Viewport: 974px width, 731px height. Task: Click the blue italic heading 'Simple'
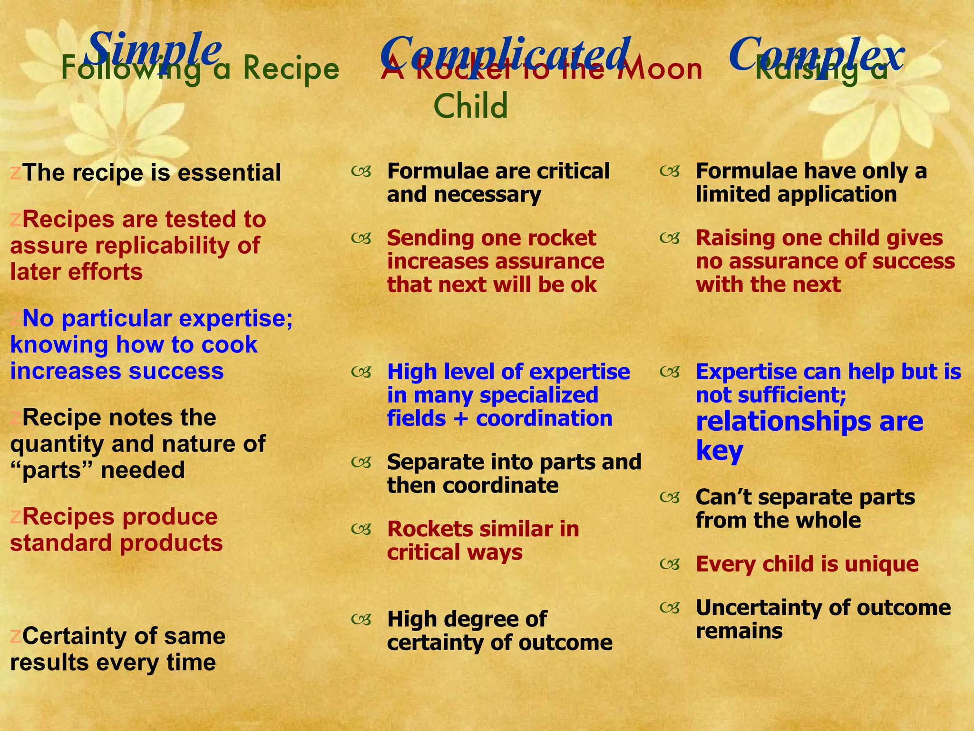[x=155, y=49]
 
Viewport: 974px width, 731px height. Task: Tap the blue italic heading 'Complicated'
[x=505, y=53]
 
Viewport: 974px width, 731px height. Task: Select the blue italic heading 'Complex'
[x=815, y=53]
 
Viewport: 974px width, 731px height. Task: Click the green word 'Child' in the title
[x=470, y=106]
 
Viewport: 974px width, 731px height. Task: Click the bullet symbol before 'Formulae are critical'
[x=361, y=171]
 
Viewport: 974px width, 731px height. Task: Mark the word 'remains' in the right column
[x=739, y=631]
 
